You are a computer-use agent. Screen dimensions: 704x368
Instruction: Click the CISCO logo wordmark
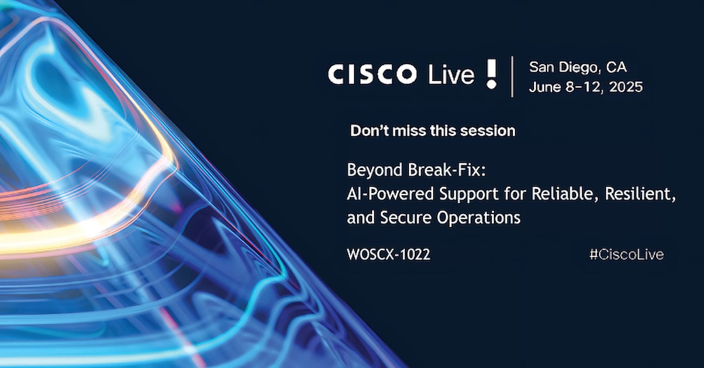(x=372, y=74)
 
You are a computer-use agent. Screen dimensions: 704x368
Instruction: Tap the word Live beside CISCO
(x=452, y=74)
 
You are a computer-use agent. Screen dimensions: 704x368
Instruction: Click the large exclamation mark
(x=491, y=74)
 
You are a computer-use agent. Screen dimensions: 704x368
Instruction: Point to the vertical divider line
(x=513, y=77)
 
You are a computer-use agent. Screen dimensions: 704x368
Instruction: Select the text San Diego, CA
(x=578, y=67)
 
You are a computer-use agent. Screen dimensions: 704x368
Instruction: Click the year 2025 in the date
(x=625, y=87)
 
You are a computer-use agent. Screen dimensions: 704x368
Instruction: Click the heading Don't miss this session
(x=433, y=131)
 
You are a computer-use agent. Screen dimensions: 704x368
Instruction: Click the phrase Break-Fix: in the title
(x=447, y=170)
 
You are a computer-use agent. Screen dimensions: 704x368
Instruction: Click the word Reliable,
(x=565, y=194)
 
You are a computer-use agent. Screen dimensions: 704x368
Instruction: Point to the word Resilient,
(x=640, y=194)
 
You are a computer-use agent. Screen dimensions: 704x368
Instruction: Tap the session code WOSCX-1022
(x=388, y=254)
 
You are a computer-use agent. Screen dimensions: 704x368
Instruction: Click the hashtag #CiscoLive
(x=627, y=254)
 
